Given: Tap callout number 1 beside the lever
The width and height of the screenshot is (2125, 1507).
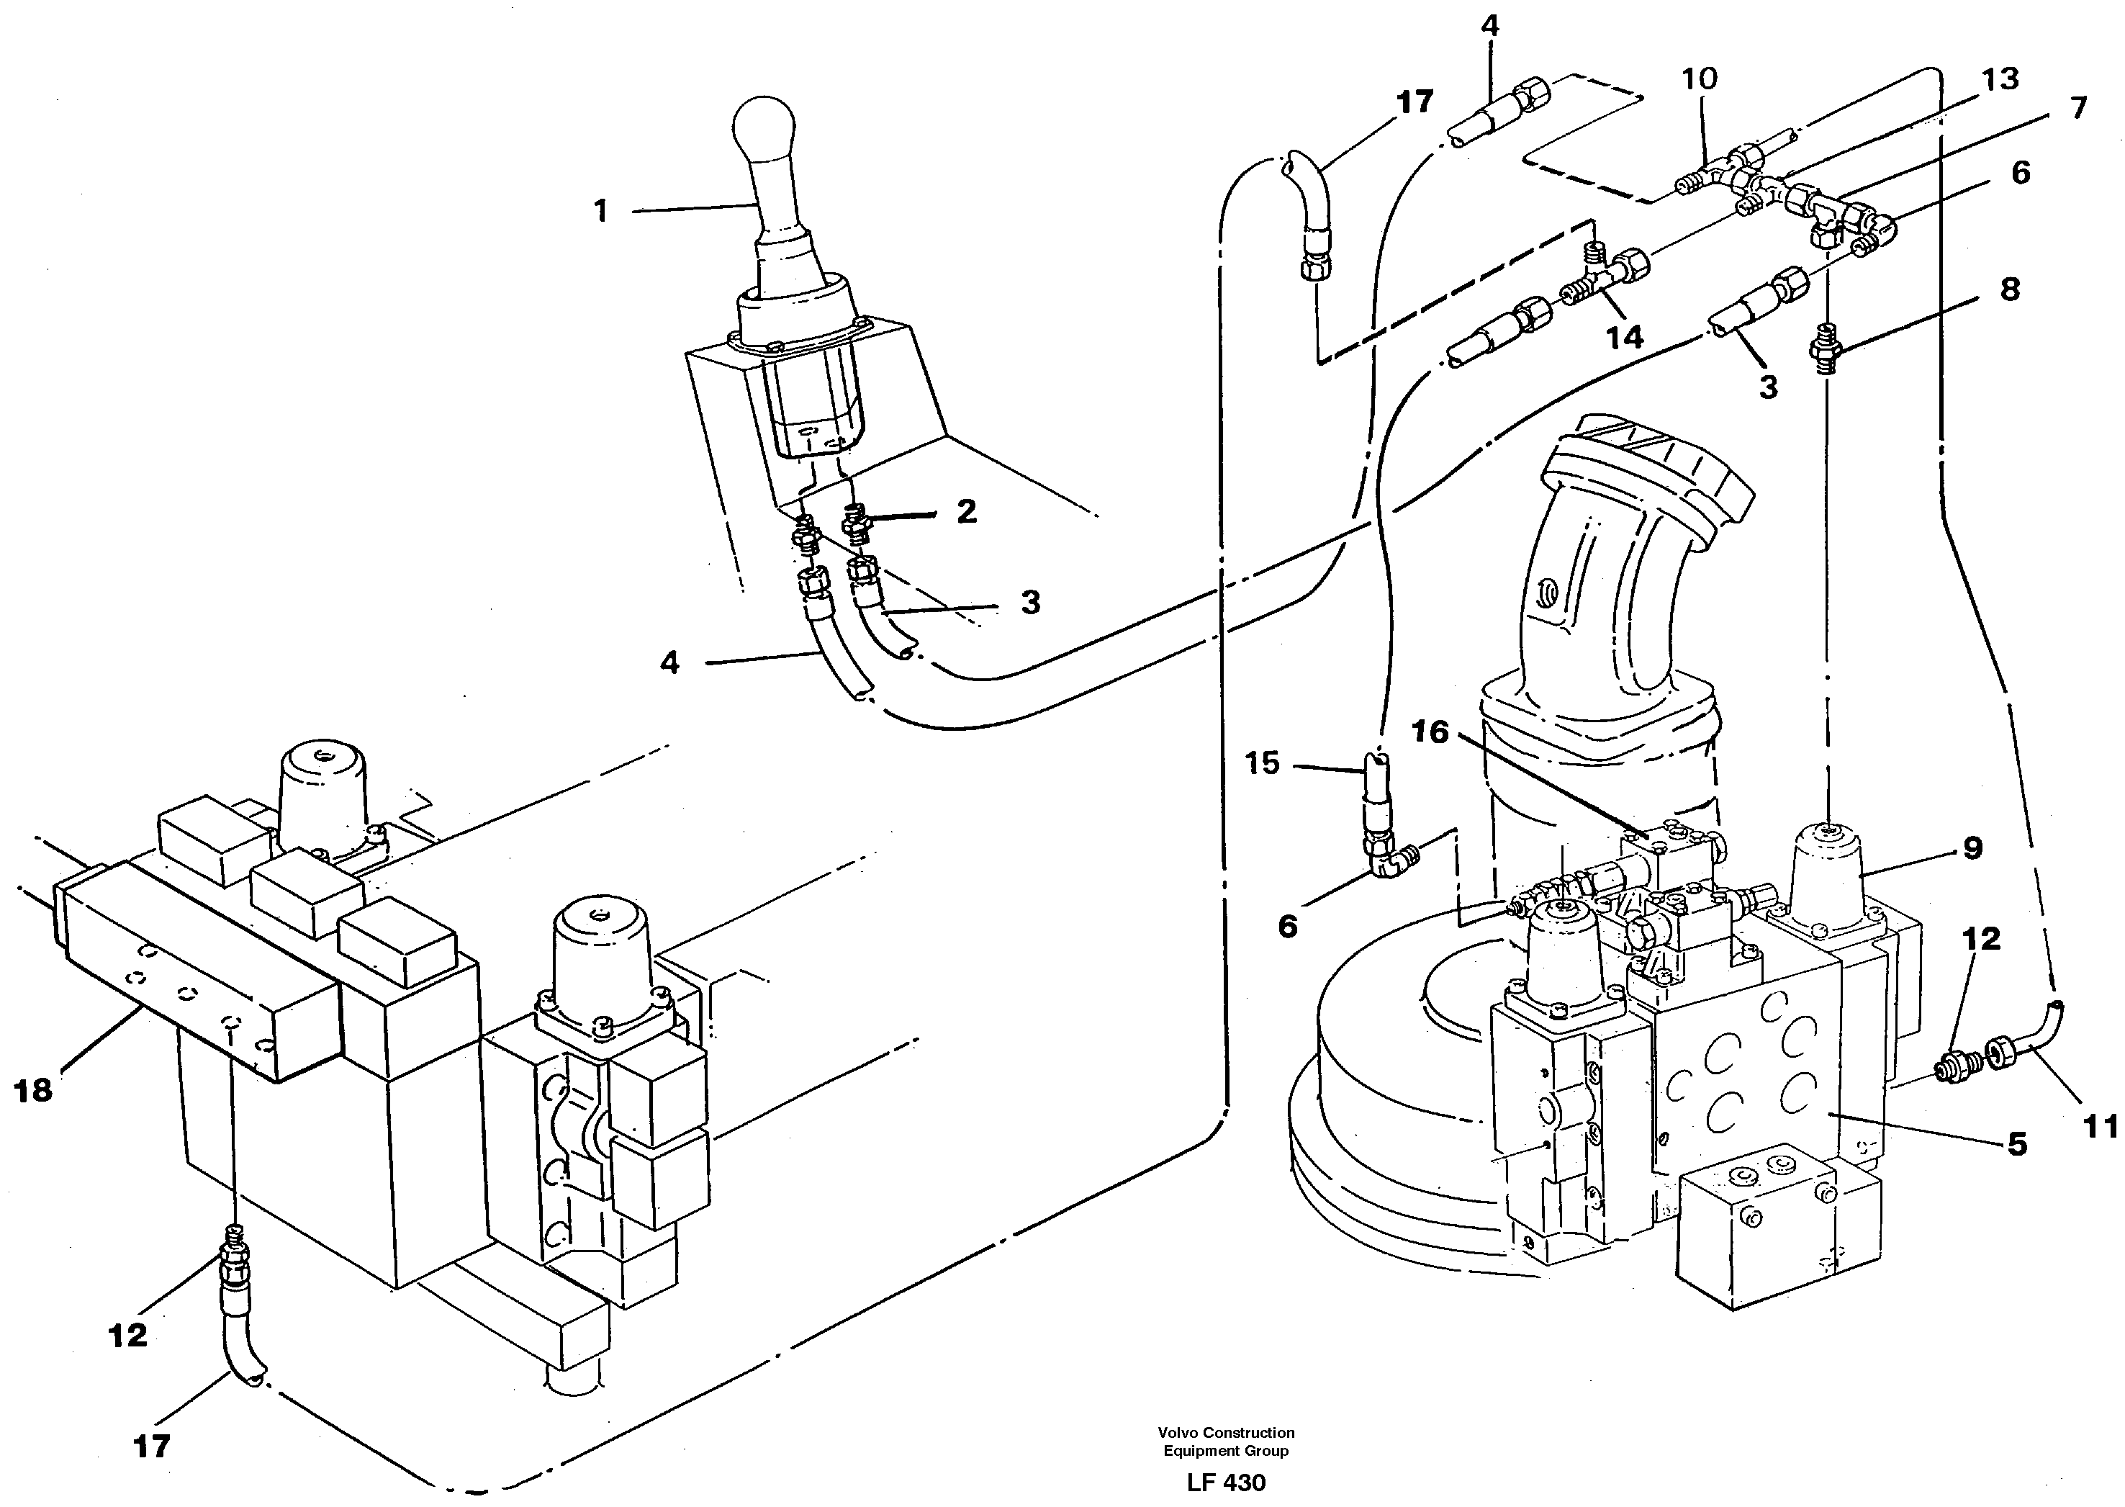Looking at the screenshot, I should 601,212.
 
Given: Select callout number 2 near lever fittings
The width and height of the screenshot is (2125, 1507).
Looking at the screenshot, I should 967,511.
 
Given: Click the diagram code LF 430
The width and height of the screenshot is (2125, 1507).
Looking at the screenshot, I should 1225,1483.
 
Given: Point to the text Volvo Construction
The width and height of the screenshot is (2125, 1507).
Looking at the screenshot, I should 1225,1434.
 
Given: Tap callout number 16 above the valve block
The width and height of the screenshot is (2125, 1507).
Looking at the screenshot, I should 1430,733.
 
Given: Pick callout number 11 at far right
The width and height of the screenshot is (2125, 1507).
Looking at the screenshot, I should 2100,1128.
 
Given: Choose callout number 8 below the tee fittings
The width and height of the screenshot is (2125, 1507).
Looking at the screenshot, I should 2009,289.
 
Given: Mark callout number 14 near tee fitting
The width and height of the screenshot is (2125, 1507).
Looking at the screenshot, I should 1624,337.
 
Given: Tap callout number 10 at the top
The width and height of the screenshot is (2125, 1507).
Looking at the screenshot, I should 1700,79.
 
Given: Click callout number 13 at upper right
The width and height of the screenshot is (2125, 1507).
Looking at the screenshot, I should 2000,80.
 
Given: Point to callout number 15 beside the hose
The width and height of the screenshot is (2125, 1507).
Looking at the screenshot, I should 1263,764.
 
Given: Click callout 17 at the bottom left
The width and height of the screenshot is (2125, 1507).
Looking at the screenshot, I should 151,1446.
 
